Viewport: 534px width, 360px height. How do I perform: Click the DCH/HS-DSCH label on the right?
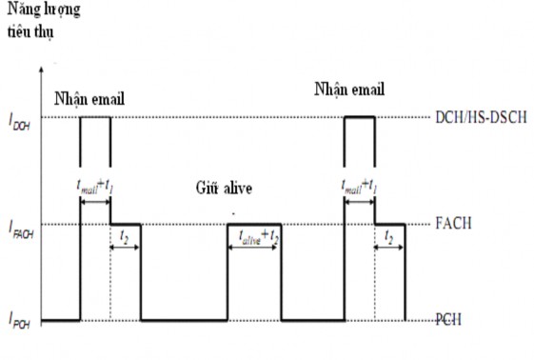tap(482, 116)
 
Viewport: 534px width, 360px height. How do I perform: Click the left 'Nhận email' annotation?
tap(90, 97)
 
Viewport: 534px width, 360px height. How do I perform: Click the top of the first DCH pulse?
tap(95, 117)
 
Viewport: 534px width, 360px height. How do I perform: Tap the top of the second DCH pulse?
tap(359, 117)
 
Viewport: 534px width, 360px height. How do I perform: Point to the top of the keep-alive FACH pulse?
tap(254, 225)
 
